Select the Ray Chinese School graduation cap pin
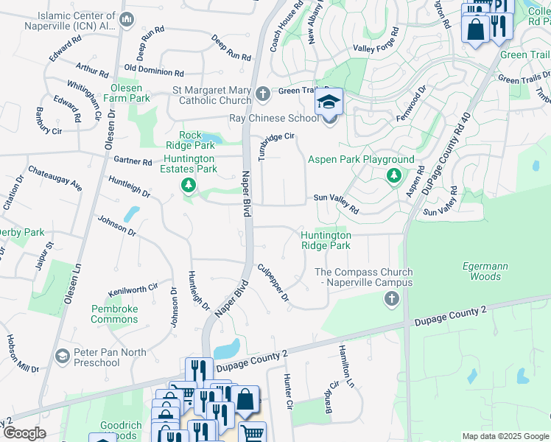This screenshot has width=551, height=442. tap(329, 102)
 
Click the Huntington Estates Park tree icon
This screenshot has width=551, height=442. tap(189, 184)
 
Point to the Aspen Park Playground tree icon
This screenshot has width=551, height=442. tap(393, 175)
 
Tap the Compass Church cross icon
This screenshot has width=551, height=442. tap(391, 298)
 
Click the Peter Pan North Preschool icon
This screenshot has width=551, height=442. tap(63, 357)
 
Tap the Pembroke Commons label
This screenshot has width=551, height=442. tap(114, 314)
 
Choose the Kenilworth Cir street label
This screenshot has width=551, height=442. tap(133, 288)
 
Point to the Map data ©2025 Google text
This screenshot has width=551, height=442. tap(505, 436)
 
